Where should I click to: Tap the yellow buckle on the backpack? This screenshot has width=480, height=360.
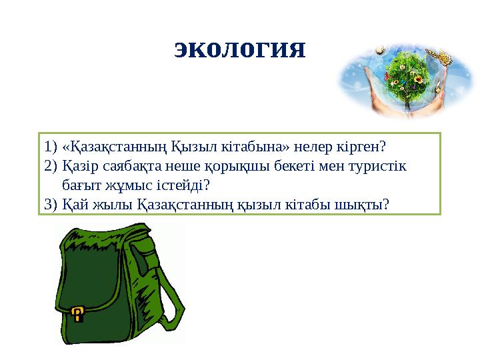78,313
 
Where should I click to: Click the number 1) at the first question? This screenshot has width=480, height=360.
49,145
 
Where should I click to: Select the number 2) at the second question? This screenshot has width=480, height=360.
49,165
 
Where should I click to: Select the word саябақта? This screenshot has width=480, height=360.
119,165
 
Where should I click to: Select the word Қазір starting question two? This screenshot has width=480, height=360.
77,165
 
